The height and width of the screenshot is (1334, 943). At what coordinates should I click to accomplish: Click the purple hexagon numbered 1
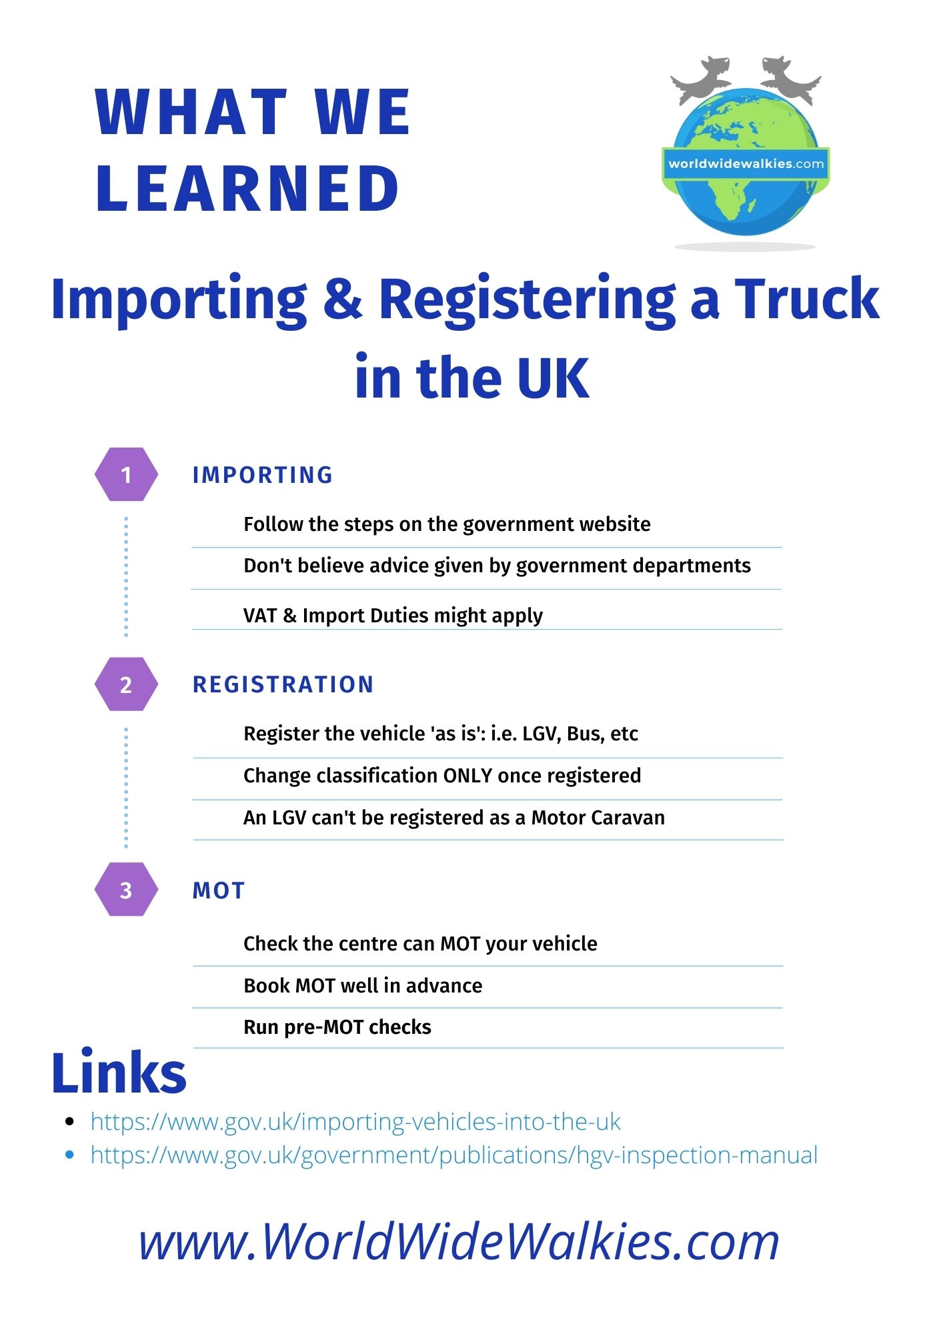(x=126, y=474)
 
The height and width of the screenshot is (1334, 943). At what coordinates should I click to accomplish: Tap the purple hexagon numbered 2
(x=126, y=684)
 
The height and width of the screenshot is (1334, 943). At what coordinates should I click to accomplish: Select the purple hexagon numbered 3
(x=126, y=890)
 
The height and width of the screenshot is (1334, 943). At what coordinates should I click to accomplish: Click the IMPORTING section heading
(x=262, y=475)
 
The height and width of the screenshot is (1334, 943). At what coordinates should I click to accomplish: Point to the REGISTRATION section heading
(x=283, y=684)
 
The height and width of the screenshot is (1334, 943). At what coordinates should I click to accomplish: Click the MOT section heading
(x=219, y=890)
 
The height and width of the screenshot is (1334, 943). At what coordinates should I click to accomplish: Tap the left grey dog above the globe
(x=700, y=79)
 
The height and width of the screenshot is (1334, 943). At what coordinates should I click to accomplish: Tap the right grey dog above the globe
(x=790, y=79)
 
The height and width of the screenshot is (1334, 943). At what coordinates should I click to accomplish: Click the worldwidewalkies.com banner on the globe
(x=746, y=163)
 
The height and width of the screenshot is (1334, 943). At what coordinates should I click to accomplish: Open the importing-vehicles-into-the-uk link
(x=355, y=1122)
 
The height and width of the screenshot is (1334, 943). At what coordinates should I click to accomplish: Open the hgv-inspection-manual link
(x=453, y=1155)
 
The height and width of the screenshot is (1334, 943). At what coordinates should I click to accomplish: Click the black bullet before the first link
(x=69, y=1122)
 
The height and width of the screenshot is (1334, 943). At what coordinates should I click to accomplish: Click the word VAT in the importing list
(x=260, y=615)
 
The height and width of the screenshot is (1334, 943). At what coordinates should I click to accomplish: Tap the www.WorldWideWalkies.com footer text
(x=459, y=1242)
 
